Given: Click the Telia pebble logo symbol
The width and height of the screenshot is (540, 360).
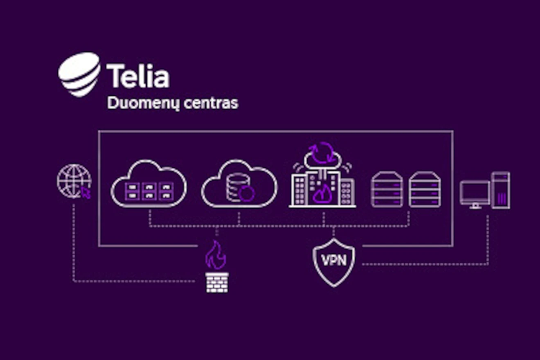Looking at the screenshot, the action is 79,74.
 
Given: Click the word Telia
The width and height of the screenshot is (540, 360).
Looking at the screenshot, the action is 138,76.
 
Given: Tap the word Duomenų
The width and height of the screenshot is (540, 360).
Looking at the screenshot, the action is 143,103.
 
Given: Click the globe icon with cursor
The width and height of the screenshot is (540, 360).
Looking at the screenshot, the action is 74,181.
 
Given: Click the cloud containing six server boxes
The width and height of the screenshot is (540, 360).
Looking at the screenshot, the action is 148,184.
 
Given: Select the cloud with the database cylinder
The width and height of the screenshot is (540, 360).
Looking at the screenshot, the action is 239,184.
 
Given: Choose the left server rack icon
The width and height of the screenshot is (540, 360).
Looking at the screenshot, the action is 387,189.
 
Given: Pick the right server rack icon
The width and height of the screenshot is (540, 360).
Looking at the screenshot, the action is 425,189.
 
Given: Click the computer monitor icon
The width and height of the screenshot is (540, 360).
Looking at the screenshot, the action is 475,195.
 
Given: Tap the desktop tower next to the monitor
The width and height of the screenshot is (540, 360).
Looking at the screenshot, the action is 501,190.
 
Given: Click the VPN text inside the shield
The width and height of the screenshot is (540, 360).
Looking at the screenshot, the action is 334,261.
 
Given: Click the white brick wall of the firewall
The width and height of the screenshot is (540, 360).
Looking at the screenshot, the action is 217,282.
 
